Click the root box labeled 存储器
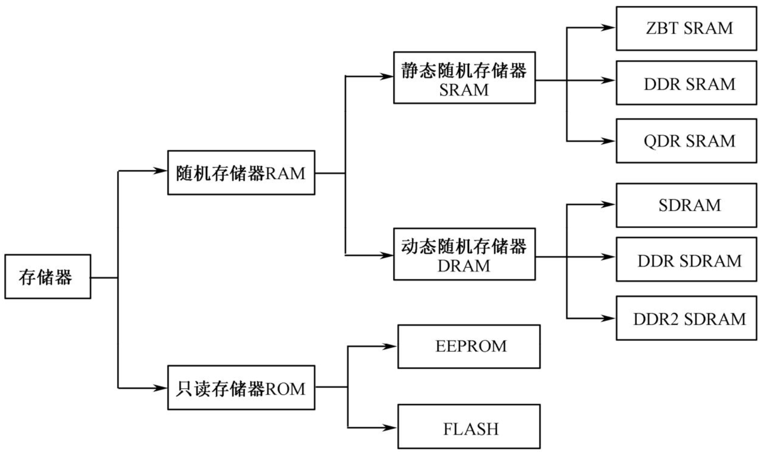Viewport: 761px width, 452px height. click(x=47, y=277)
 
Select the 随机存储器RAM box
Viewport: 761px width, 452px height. click(x=241, y=173)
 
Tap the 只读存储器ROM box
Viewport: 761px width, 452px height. click(x=241, y=387)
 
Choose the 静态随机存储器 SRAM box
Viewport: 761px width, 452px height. click(x=464, y=77)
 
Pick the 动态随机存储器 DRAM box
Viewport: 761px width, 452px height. click(x=464, y=254)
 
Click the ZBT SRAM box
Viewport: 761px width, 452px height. click(x=686, y=28)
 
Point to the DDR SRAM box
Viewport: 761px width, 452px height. click(x=686, y=83)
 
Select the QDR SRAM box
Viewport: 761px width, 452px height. click(x=686, y=141)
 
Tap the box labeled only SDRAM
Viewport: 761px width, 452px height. click(x=686, y=205)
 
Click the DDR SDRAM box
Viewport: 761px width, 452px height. click(x=686, y=259)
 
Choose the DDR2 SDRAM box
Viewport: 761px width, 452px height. click(x=686, y=318)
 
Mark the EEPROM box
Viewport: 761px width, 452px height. click(x=469, y=346)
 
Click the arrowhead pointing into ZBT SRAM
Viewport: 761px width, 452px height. click(x=608, y=28)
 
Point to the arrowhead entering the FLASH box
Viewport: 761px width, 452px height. click(x=390, y=428)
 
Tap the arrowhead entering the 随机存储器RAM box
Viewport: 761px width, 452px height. click(x=160, y=170)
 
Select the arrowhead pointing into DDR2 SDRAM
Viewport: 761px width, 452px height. click(x=608, y=318)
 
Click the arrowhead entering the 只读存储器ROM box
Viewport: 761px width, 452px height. click(x=160, y=388)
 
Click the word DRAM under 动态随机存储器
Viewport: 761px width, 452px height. click(x=464, y=266)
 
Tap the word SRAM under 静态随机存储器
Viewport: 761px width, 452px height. click(x=464, y=90)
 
